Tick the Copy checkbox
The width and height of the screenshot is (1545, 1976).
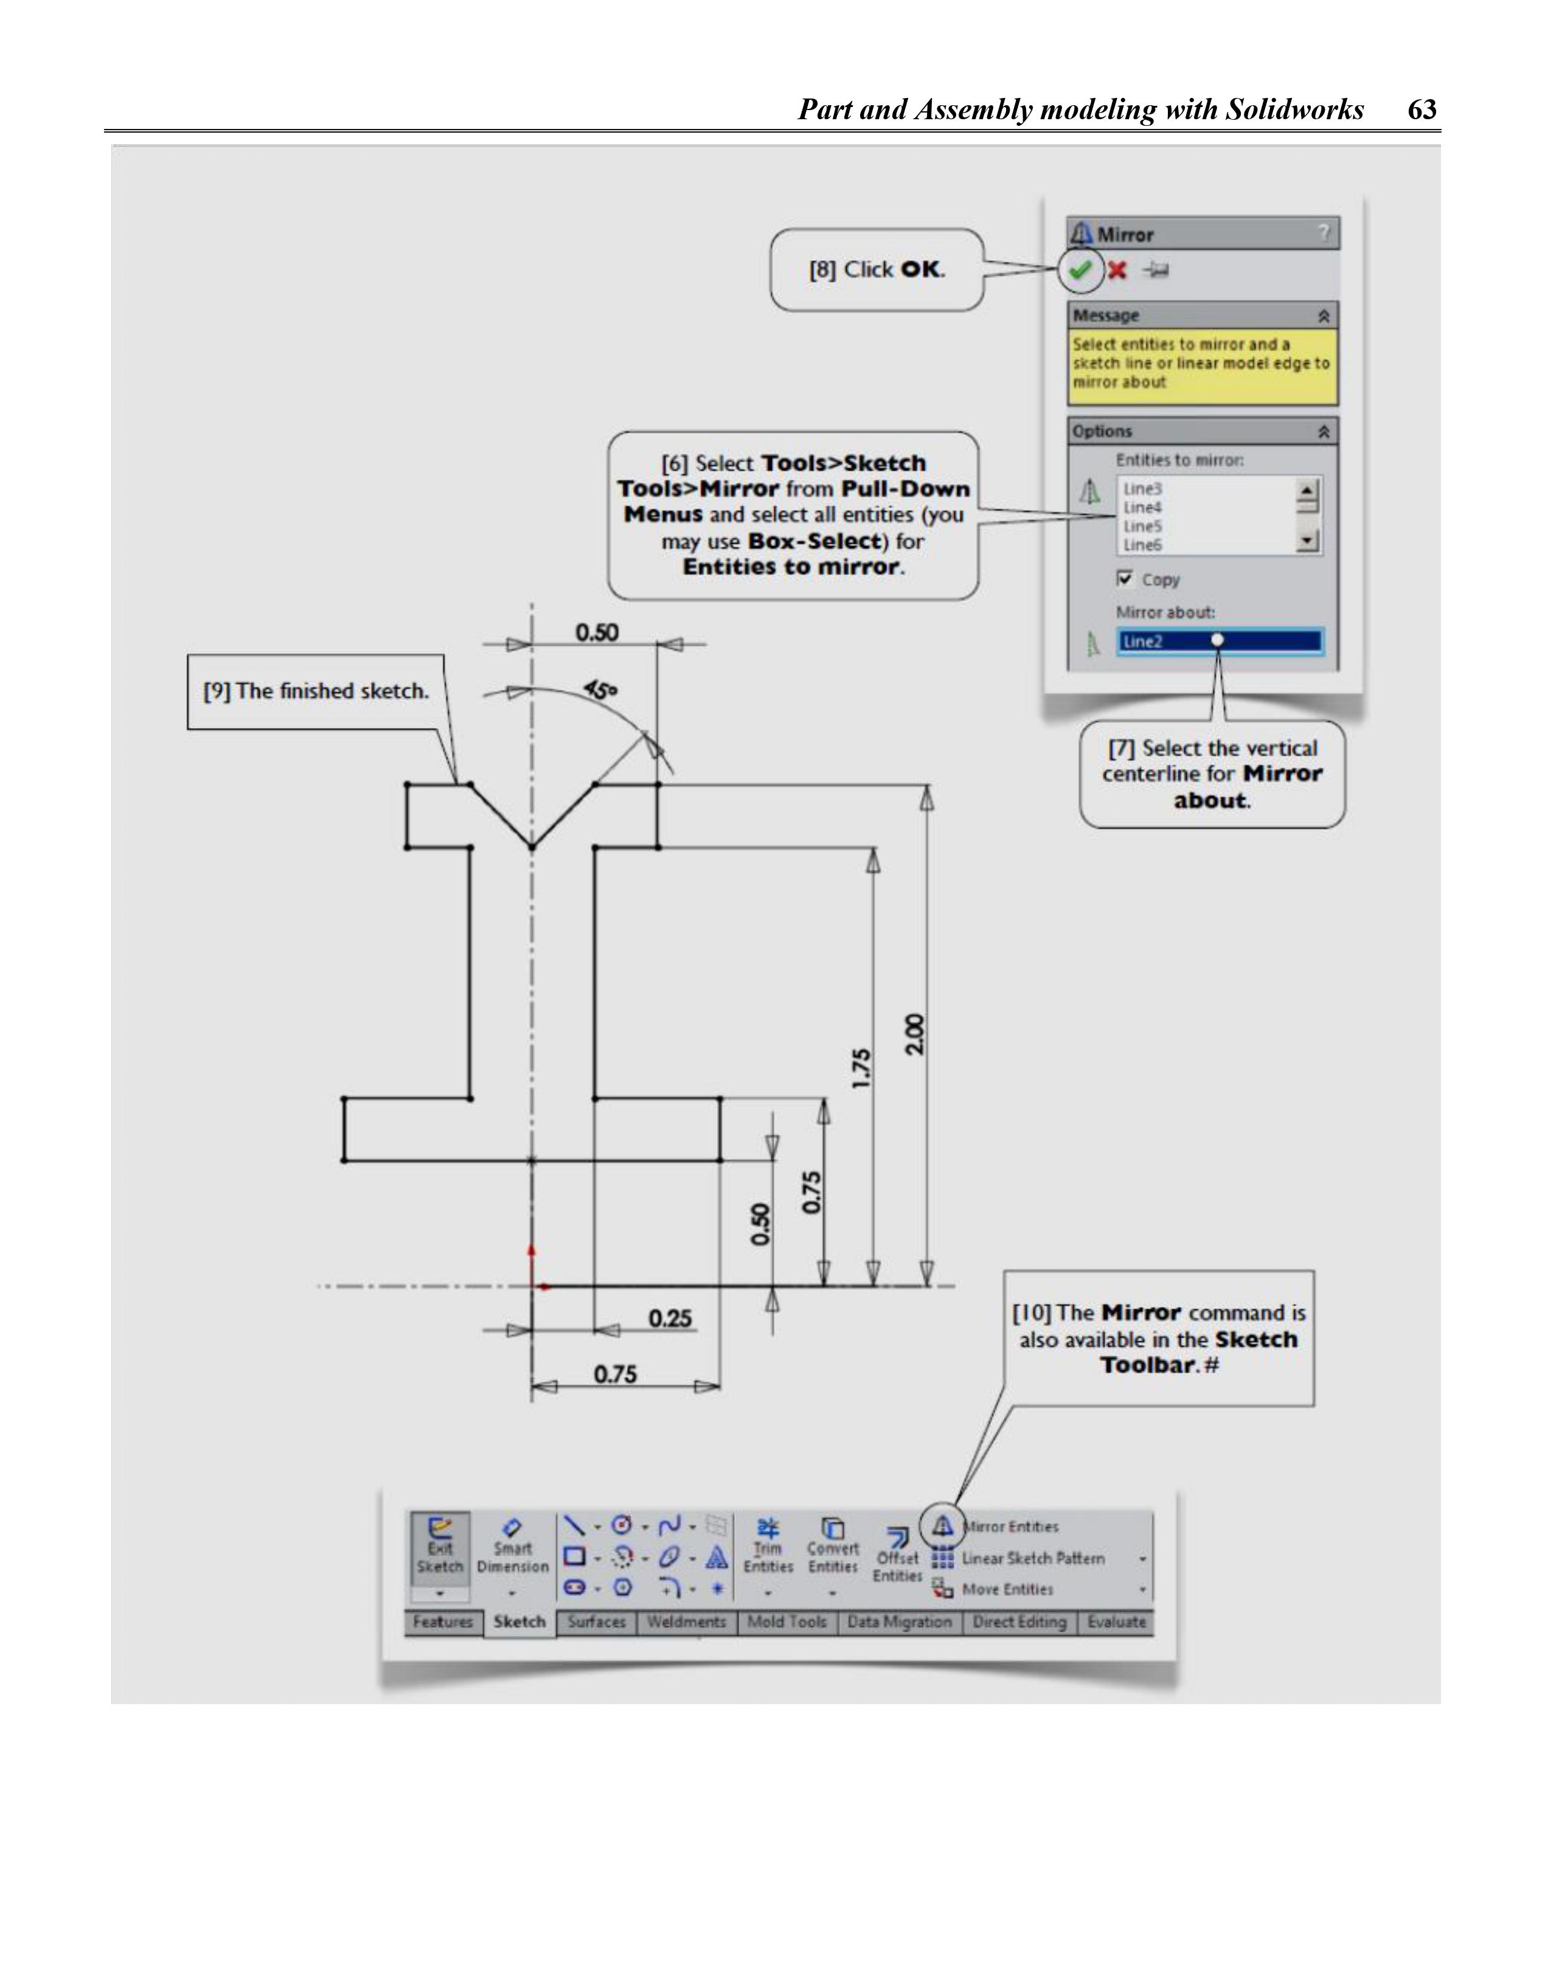1125,578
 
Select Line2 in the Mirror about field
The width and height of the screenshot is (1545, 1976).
1142,642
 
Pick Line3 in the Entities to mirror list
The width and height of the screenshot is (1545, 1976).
1142,488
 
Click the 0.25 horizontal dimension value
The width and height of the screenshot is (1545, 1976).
670,1318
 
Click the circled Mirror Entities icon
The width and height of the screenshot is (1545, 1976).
942,1527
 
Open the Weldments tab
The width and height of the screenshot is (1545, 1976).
686,1622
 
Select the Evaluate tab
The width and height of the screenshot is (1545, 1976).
1116,1622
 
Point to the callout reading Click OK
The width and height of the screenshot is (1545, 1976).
876,269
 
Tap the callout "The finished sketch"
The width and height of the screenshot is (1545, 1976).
316,692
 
